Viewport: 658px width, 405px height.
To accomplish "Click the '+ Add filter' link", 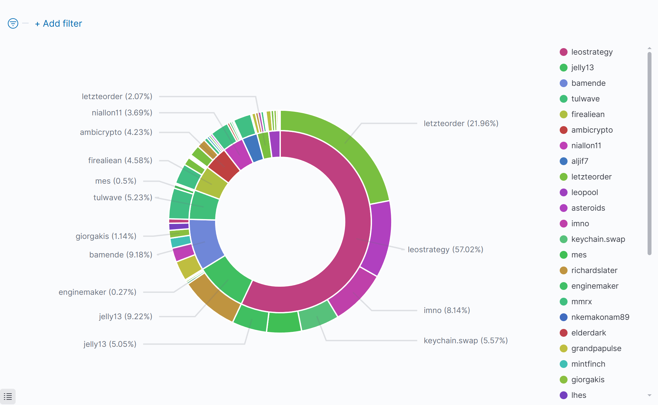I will click(x=59, y=24).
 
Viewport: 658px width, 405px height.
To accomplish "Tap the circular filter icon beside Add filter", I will click(x=13, y=23).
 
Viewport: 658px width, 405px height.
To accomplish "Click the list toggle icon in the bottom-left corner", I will click(x=8, y=397).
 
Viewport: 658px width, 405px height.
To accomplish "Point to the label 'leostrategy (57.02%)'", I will click(x=445, y=250).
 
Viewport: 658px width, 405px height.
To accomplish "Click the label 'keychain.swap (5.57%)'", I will click(x=465, y=341).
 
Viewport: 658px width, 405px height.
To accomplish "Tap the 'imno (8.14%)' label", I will click(x=446, y=310).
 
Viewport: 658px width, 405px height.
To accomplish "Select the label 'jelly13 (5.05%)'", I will click(x=110, y=344).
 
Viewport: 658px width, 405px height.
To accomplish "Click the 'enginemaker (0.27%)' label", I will click(x=97, y=292).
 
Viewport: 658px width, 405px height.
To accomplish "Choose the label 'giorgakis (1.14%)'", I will click(x=106, y=236).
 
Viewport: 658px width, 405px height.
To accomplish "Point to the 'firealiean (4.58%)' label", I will click(x=120, y=161).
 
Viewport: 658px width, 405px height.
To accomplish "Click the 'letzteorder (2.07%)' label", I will click(x=117, y=97).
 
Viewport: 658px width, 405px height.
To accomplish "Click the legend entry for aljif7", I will click(x=580, y=161).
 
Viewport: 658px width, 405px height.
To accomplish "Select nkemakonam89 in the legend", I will click(x=600, y=317).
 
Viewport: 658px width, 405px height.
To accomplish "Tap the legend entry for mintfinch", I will click(x=588, y=364).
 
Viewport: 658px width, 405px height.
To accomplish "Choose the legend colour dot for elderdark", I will click(x=564, y=333).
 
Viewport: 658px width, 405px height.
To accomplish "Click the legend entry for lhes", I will click(x=579, y=395).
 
